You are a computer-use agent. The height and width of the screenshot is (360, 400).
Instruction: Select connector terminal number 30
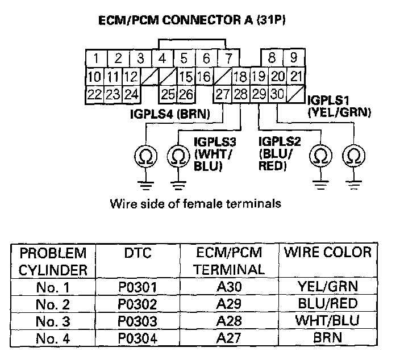click(x=277, y=94)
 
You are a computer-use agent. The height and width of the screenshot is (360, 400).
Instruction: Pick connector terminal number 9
click(x=293, y=58)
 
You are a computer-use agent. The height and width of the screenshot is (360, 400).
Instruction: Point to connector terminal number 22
click(x=95, y=94)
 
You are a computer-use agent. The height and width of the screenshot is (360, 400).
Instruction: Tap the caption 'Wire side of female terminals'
click(x=196, y=202)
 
